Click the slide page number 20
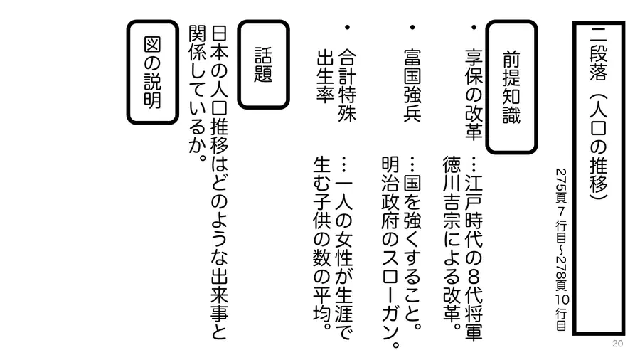pos(617,343)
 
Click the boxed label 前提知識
pos(511,87)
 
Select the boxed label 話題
pos(263,65)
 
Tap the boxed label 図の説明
pos(152,73)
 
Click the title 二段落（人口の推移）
pos(598,113)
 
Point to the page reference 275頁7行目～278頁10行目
pos(561,250)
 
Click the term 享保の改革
pos(474,95)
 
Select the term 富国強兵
pos(412,85)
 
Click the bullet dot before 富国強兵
pos(412,27)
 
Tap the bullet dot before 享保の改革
pos(474,27)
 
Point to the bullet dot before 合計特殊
pos(347,27)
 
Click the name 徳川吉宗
pos(452,192)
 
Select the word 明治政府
pos(390,192)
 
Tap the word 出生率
pos(325,76)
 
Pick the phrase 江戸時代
pos(474,211)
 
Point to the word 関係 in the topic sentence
pos(197,44)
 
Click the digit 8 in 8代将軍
pos(474,277)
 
